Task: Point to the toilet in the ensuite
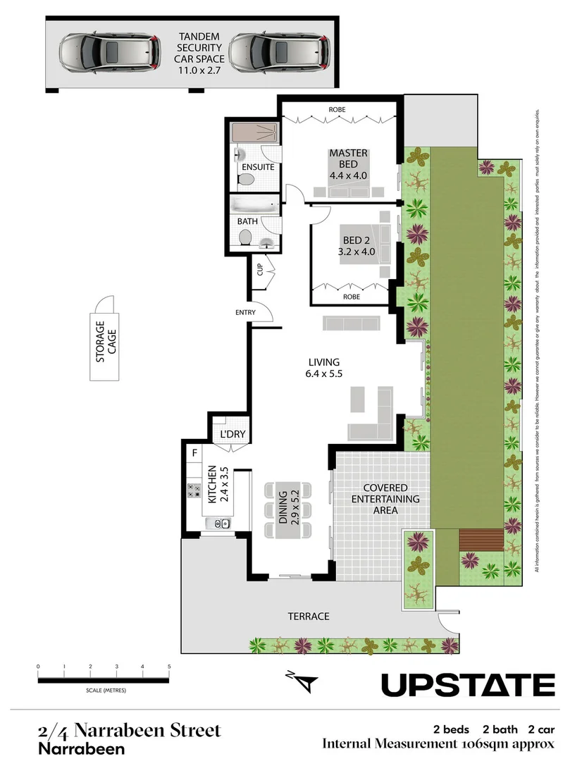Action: tap(246, 180)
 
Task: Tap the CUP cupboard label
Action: tap(259, 270)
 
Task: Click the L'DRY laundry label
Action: tap(232, 434)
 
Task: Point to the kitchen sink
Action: tap(219, 524)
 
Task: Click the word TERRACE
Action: tap(308, 616)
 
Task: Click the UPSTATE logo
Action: tap(468, 684)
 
